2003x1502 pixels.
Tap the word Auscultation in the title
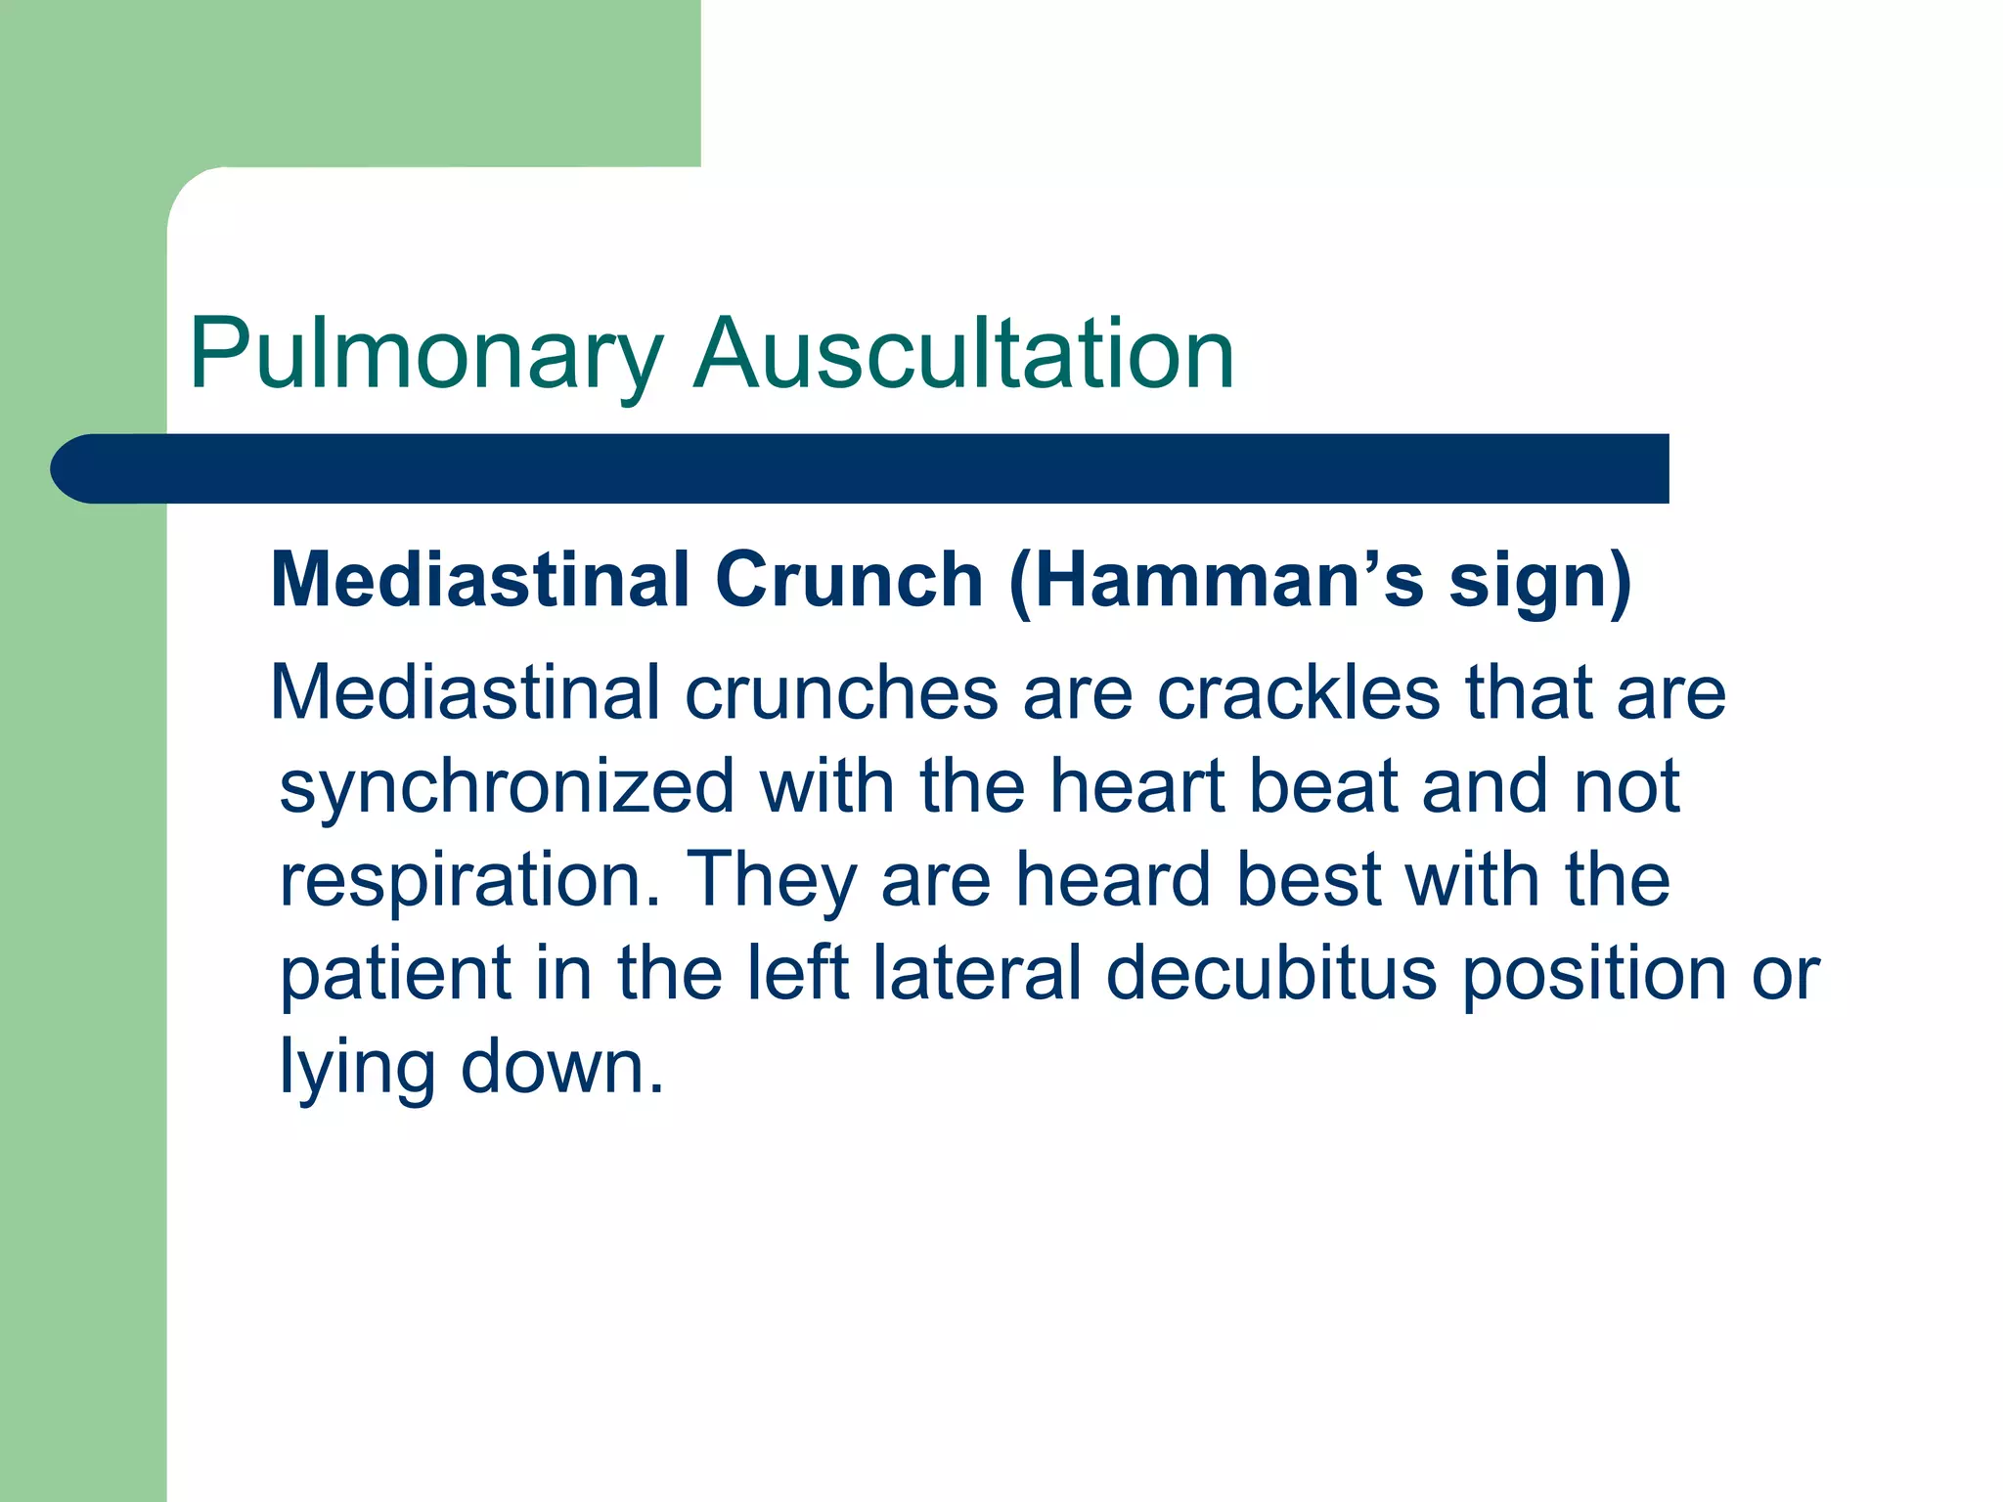(x=963, y=354)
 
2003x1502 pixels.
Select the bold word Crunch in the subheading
(x=848, y=580)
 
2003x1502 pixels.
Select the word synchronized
(x=507, y=786)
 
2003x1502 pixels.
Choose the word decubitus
(x=1271, y=973)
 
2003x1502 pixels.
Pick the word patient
(x=395, y=975)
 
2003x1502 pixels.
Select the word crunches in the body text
(x=841, y=692)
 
